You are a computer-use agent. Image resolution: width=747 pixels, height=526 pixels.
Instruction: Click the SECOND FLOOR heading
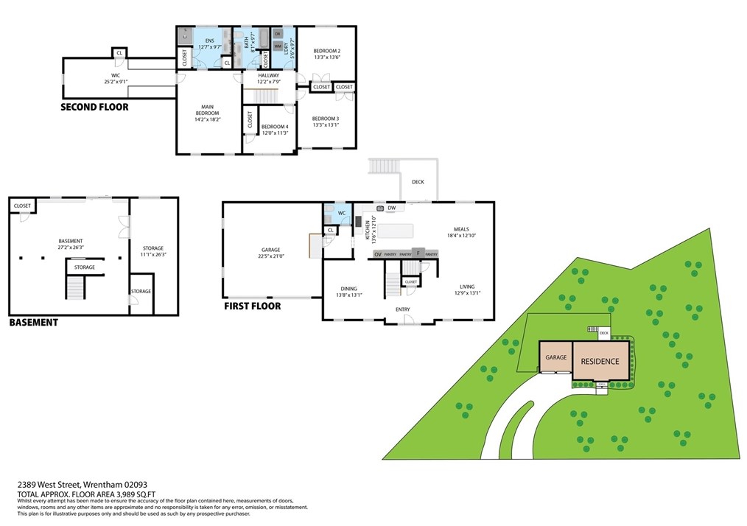click(x=94, y=108)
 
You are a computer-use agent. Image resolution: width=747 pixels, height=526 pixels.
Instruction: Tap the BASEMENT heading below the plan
click(x=33, y=323)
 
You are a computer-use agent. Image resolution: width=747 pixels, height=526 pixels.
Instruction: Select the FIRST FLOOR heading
click(x=252, y=306)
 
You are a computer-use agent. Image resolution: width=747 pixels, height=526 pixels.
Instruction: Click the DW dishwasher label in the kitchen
click(x=392, y=208)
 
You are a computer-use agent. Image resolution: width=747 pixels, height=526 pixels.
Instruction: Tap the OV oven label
click(x=378, y=254)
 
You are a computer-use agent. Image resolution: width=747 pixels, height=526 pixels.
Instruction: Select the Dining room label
click(x=348, y=291)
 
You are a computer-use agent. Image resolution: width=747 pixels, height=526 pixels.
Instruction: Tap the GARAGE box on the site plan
click(x=555, y=357)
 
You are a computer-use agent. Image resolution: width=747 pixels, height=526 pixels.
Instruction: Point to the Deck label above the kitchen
click(x=418, y=182)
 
